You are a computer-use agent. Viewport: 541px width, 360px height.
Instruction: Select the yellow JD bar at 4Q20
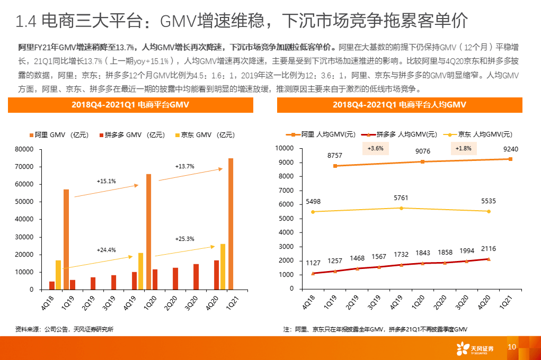(223, 267)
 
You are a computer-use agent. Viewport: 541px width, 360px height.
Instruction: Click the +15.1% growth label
(106, 181)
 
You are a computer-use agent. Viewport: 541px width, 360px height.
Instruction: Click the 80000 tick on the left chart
(24, 149)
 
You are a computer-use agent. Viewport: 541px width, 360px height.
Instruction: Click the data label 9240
(511, 149)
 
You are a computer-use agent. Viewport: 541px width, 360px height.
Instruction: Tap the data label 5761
(401, 198)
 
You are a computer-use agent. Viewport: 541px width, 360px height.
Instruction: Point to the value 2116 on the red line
(488, 249)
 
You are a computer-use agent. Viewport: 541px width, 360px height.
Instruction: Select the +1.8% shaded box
(464, 149)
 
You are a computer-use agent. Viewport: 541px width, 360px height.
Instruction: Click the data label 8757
(335, 156)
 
